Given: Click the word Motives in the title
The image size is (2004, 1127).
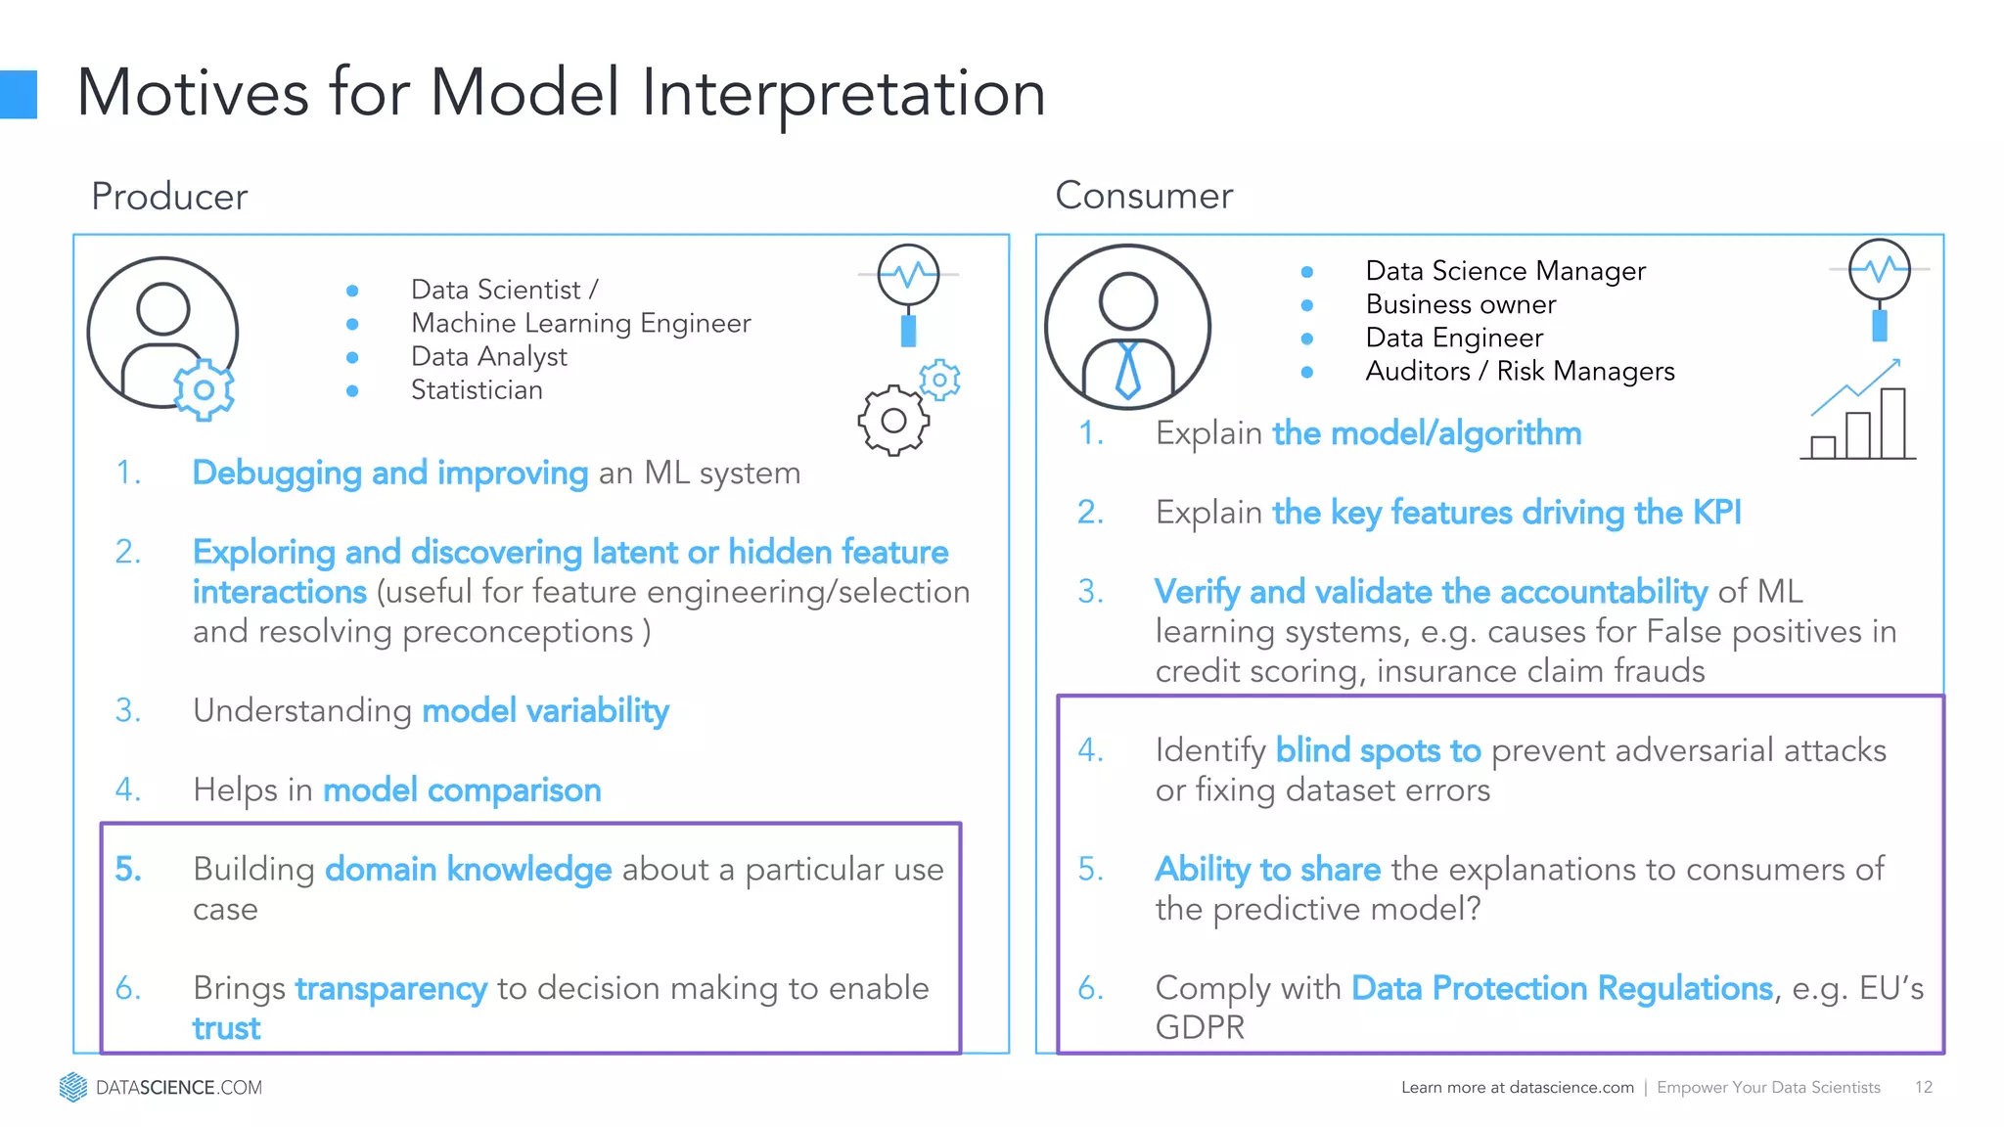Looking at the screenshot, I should tap(193, 94).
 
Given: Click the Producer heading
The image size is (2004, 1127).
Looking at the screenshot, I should tap(169, 197).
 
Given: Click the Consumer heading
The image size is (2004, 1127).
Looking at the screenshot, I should tap(1143, 196).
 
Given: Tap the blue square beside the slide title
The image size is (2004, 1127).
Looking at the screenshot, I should tap(18, 95).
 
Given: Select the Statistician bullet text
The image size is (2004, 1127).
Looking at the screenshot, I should tap(477, 390).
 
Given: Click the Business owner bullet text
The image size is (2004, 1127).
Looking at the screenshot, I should tap(1460, 304).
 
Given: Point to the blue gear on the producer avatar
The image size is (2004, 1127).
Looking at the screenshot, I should tap(204, 390).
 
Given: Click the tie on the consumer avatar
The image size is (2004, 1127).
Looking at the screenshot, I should tap(1127, 370).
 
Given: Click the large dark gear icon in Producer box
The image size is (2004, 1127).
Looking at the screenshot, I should tap(892, 421).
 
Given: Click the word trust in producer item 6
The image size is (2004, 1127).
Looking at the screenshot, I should tap(226, 1028).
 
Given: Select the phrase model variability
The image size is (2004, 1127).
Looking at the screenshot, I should tap(545, 710).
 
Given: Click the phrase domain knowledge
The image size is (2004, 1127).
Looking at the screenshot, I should tap(468, 869).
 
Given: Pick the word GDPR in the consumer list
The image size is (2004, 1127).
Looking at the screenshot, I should tap(1200, 1027).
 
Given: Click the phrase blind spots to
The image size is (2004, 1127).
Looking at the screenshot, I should tap(1378, 750).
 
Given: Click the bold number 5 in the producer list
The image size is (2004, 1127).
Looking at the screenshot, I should tap(127, 869).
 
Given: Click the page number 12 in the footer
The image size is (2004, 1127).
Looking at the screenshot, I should tap(1923, 1087).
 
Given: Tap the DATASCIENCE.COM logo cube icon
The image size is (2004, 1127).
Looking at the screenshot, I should tap(72, 1087).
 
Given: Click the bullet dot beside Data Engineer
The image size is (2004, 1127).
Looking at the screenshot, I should tap(1306, 338).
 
